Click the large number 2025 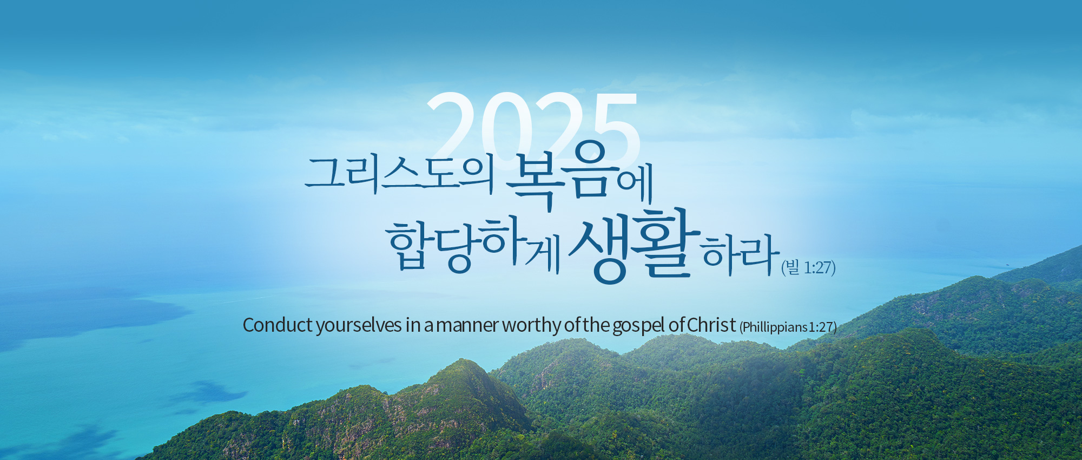pos(534,127)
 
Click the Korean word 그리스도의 pos(400,174)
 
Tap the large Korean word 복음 pos(562,174)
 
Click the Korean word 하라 pos(741,254)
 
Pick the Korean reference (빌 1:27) pos(808,267)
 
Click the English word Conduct pos(278,325)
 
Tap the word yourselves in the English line pos(359,326)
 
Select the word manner pos(467,326)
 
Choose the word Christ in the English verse pos(711,325)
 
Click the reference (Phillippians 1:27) pos(788,327)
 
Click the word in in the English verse pos(413,325)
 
